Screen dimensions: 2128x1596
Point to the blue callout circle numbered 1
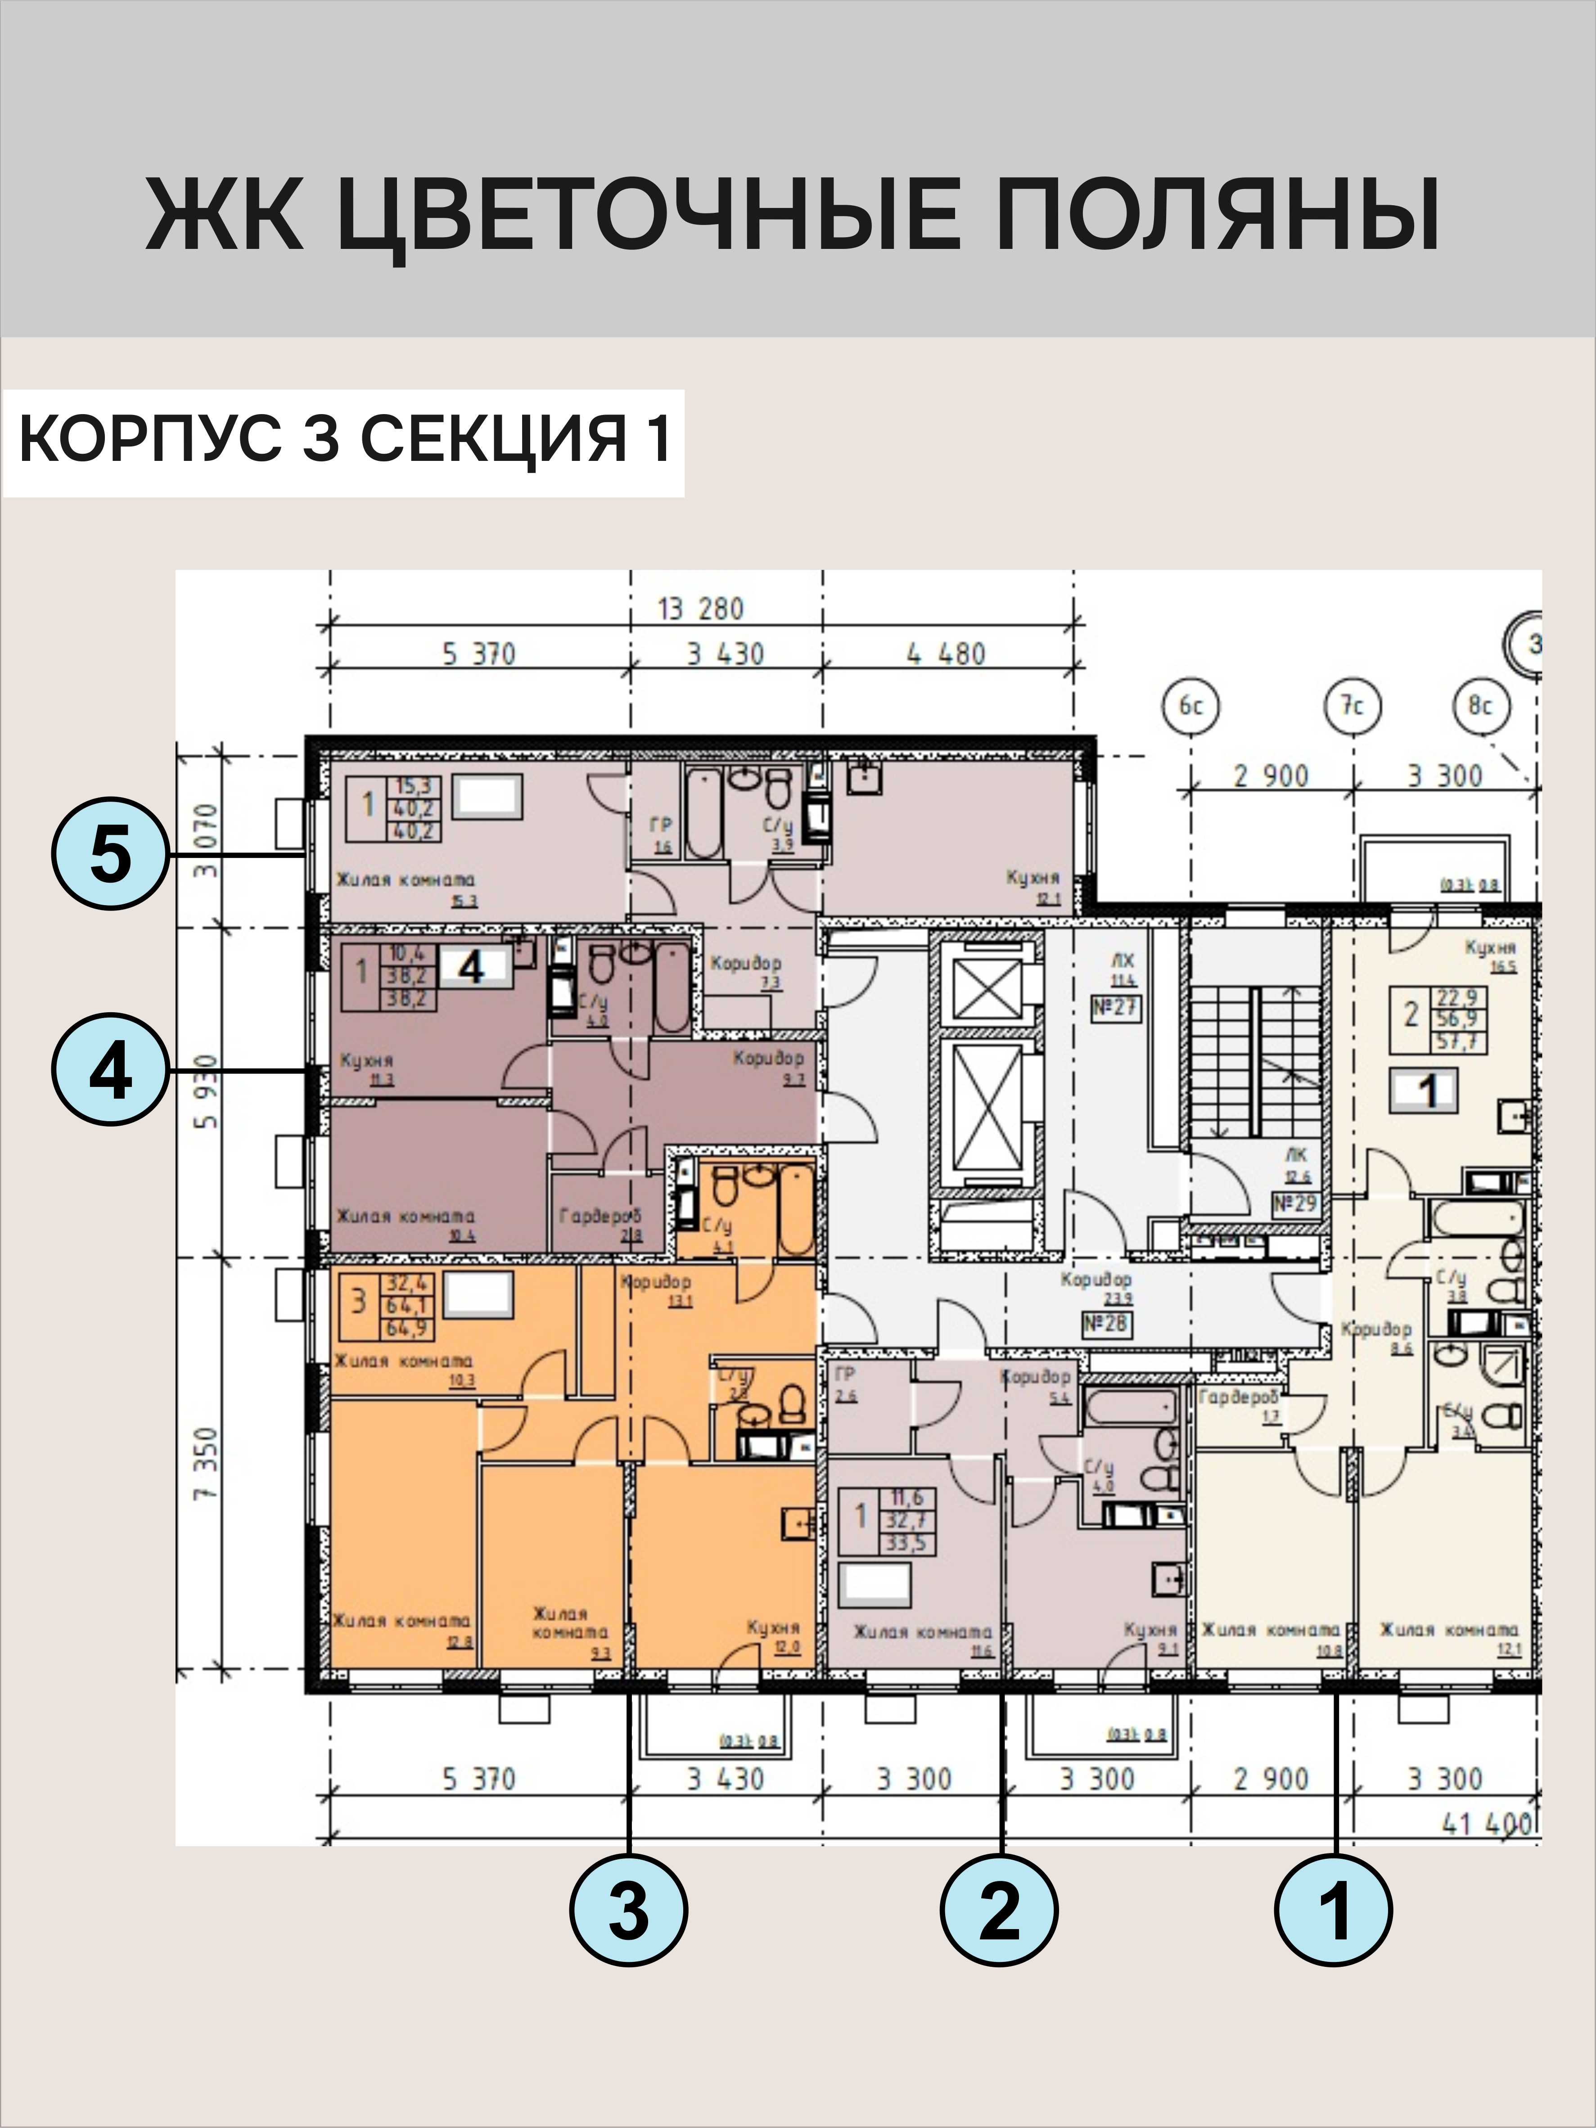pos(1333,1910)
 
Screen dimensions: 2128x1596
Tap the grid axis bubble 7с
pos(1353,707)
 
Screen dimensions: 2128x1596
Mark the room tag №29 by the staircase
pos(1294,1204)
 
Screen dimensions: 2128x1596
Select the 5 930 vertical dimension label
pos(207,1092)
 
